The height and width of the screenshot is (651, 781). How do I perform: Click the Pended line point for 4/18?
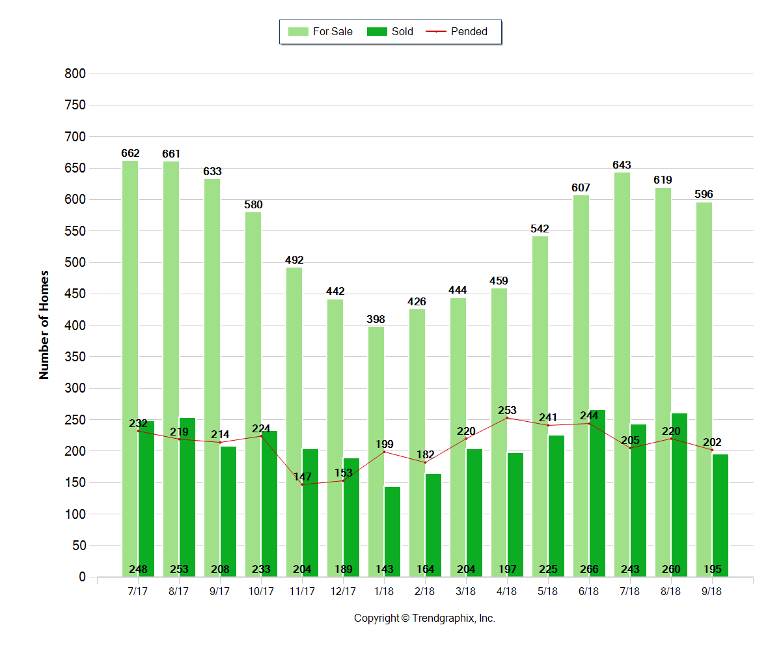point(507,418)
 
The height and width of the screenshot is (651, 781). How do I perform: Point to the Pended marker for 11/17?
point(302,484)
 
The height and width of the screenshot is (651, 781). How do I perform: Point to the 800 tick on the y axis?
point(75,74)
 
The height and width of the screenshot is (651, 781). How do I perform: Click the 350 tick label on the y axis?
point(75,357)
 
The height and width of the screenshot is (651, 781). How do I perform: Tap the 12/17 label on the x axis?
point(343,592)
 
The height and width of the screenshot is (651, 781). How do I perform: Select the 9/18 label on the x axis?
point(712,592)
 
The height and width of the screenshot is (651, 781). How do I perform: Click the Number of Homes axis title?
point(44,324)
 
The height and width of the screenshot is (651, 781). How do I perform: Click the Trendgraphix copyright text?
point(424,618)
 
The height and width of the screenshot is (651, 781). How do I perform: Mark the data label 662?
point(130,154)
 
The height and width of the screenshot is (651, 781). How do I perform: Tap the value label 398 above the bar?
point(376,319)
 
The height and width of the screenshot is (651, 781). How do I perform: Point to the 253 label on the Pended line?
point(507,410)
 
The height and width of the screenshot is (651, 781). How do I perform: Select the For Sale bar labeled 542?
point(540,404)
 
